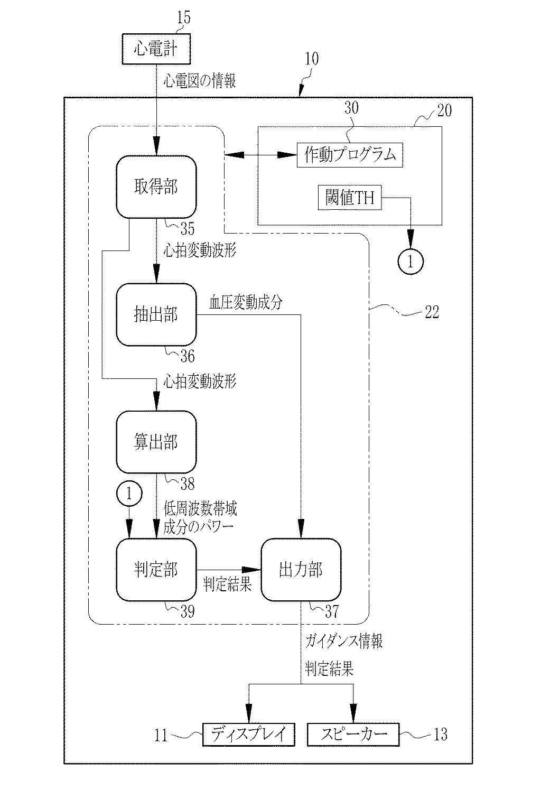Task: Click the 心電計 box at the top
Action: [x=156, y=49]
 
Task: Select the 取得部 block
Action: [x=156, y=187]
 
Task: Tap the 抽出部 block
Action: [x=156, y=314]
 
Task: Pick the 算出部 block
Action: [x=156, y=442]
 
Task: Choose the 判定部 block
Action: [x=156, y=570]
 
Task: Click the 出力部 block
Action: [x=301, y=570]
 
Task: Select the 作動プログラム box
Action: [x=350, y=155]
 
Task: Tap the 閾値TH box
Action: [x=350, y=198]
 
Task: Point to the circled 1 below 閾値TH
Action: [x=411, y=262]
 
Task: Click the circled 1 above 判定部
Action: [x=129, y=494]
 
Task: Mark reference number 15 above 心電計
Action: [x=184, y=17]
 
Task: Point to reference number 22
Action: [x=432, y=312]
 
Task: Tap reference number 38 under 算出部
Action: [x=188, y=484]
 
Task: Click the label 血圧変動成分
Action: [x=246, y=302]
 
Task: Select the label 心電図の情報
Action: [x=200, y=81]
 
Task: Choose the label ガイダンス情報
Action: [x=344, y=641]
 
